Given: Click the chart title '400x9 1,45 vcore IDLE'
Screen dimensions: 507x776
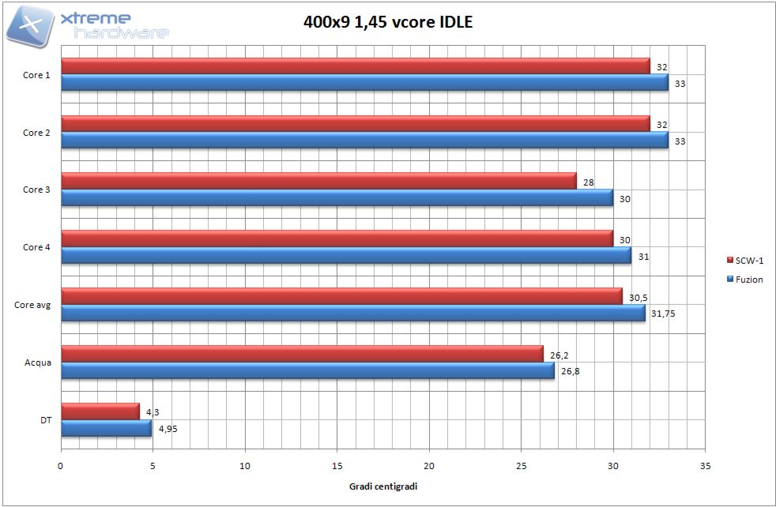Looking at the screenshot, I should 388,22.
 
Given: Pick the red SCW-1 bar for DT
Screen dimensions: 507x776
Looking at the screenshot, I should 100,411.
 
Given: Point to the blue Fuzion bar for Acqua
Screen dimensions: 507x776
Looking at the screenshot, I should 307,370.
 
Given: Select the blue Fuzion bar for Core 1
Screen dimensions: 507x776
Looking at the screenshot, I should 364,82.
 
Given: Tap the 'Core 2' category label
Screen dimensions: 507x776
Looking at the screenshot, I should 36,133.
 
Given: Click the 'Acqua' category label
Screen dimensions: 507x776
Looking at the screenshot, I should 38,362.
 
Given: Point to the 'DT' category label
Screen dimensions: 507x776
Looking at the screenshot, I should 47,420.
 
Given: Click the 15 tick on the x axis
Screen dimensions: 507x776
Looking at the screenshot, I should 337,465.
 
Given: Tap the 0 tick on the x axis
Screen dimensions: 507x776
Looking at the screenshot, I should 61,465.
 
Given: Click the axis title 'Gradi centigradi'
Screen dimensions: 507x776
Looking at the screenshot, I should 383,486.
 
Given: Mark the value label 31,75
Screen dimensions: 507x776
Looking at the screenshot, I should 663,314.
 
